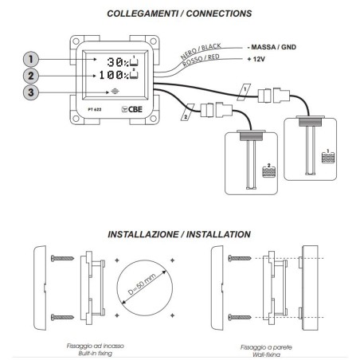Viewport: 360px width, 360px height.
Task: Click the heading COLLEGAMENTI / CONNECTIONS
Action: [x=180, y=14]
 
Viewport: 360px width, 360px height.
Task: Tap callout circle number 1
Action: [x=31, y=59]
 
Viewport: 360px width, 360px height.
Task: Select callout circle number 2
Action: [x=31, y=76]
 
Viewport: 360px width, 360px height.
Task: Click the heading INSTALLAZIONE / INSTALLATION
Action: [x=179, y=234]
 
